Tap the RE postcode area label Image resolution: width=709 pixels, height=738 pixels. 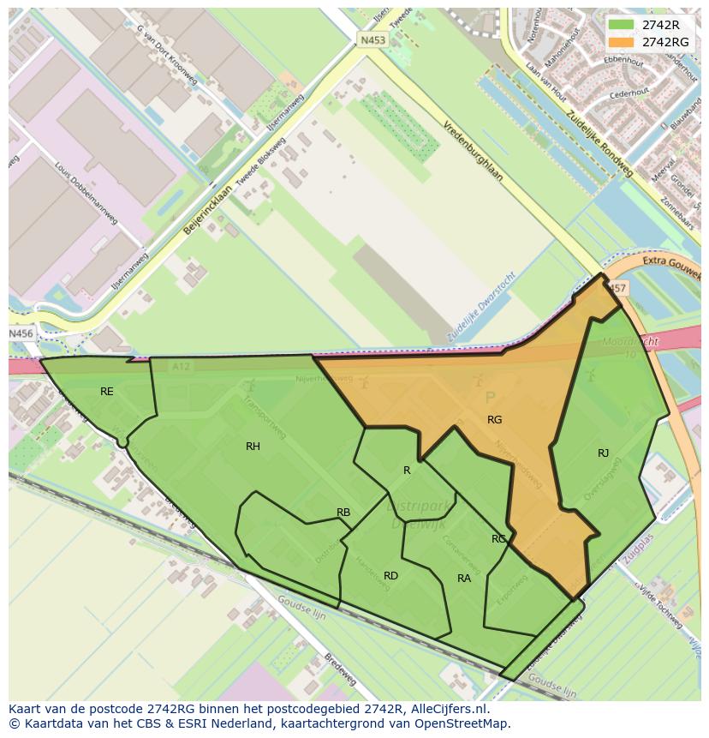106,392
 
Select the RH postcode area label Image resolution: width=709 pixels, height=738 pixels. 253,447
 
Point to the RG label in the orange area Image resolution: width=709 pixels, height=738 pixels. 494,420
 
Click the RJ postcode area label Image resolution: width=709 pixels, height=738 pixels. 604,453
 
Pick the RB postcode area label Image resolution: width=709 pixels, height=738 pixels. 343,513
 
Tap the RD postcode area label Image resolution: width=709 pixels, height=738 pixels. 390,576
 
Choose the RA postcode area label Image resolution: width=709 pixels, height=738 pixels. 464,579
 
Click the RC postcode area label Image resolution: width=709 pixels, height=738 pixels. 498,539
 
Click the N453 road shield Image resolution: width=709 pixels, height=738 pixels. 372,39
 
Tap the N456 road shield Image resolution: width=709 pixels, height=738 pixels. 21,333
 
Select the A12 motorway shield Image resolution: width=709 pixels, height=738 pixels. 180,366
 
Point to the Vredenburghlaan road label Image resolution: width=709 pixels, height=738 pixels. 473,150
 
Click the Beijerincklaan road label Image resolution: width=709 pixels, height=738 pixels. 208,210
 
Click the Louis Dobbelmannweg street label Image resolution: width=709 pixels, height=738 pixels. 86,193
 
